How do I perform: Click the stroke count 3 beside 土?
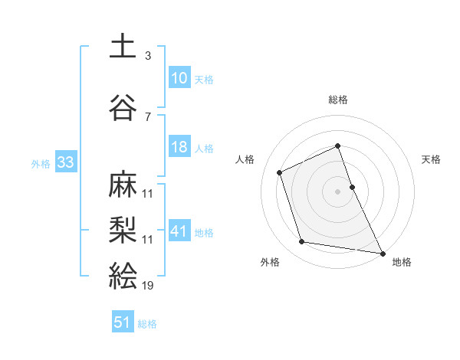point(147,56)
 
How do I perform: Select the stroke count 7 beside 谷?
point(147,116)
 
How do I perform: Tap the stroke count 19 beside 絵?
point(148,286)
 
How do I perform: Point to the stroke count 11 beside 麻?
point(148,193)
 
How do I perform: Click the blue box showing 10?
point(179,77)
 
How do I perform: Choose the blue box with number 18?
point(179,147)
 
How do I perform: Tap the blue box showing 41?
point(179,231)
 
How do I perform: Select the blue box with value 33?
point(65,162)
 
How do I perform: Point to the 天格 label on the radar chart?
point(432,160)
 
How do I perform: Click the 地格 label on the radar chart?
point(402,262)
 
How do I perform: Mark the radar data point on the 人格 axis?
point(280,172)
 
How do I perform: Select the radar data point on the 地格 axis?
point(382,252)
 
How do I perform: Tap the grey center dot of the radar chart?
point(337,191)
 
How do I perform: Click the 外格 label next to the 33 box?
point(41,163)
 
